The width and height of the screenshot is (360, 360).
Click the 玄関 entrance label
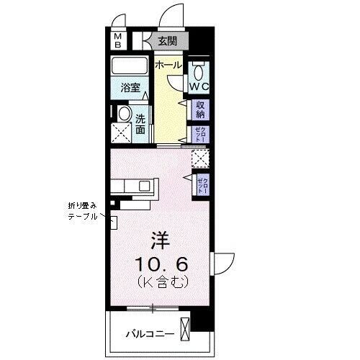(x=168, y=40)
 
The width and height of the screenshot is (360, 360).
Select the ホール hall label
(x=168, y=65)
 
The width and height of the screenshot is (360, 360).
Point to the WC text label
(x=199, y=87)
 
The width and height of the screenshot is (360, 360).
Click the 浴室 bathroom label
(x=130, y=90)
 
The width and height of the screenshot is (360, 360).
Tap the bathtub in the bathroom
(x=130, y=68)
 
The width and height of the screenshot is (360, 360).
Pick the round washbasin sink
(x=122, y=114)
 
